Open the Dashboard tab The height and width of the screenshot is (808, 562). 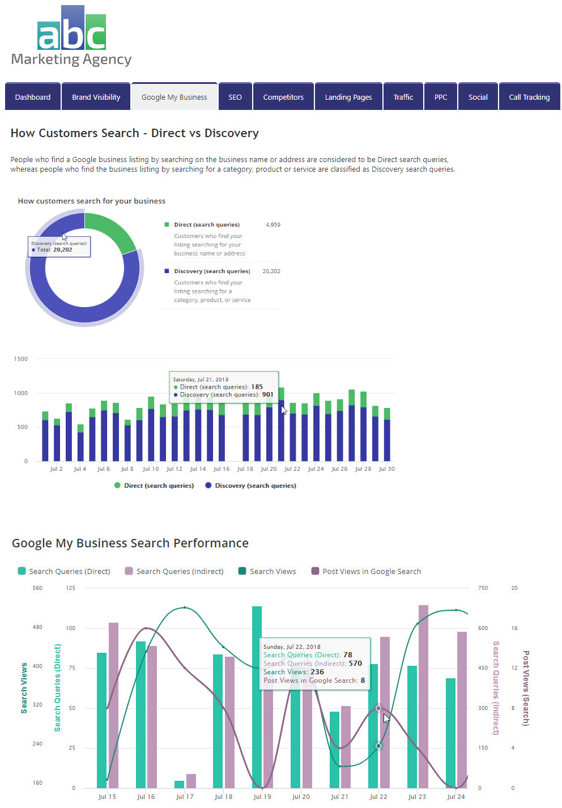[x=33, y=97]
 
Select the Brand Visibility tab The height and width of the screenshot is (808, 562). [x=96, y=97]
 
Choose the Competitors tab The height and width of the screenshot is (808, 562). [x=283, y=97]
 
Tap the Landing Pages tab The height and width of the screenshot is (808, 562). [x=348, y=97]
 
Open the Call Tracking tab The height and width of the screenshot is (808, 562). [x=529, y=97]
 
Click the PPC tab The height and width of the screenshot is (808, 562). [x=441, y=97]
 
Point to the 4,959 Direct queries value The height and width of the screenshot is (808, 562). [x=273, y=225]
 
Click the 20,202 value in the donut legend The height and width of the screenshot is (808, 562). [x=271, y=271]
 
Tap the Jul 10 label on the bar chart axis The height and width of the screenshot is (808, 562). [x=151, y=469]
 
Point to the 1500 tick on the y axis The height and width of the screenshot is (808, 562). [x=21, y=359]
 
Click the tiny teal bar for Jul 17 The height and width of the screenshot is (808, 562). [x=180, y=784]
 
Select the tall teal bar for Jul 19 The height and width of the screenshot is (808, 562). [x=257, y=697]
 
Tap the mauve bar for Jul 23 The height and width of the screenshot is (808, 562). [x=423, y=697]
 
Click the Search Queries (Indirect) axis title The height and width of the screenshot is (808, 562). [x=496, y=688]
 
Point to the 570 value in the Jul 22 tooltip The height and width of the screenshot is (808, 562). [x=355, y=664]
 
